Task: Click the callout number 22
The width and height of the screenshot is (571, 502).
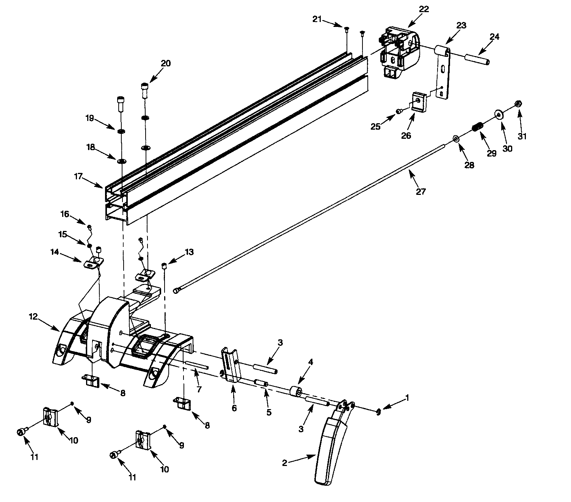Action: pyautogui.click(x=424, y=9)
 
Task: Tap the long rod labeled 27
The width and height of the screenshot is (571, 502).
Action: pyautogui.click(x=311, y=216)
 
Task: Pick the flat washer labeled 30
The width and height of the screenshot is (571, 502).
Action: pyautogui.click(x=499, y=114)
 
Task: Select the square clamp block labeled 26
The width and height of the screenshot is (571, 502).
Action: pyautogui.click(x=419, y=102)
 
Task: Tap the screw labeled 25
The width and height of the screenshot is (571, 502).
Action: pyautogui.click(x=399, y=111)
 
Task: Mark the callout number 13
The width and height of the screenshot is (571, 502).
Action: pyautogui.click(x=189, y=252)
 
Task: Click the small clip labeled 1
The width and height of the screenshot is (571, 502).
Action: pyautogui.click(x=378, y=413)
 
